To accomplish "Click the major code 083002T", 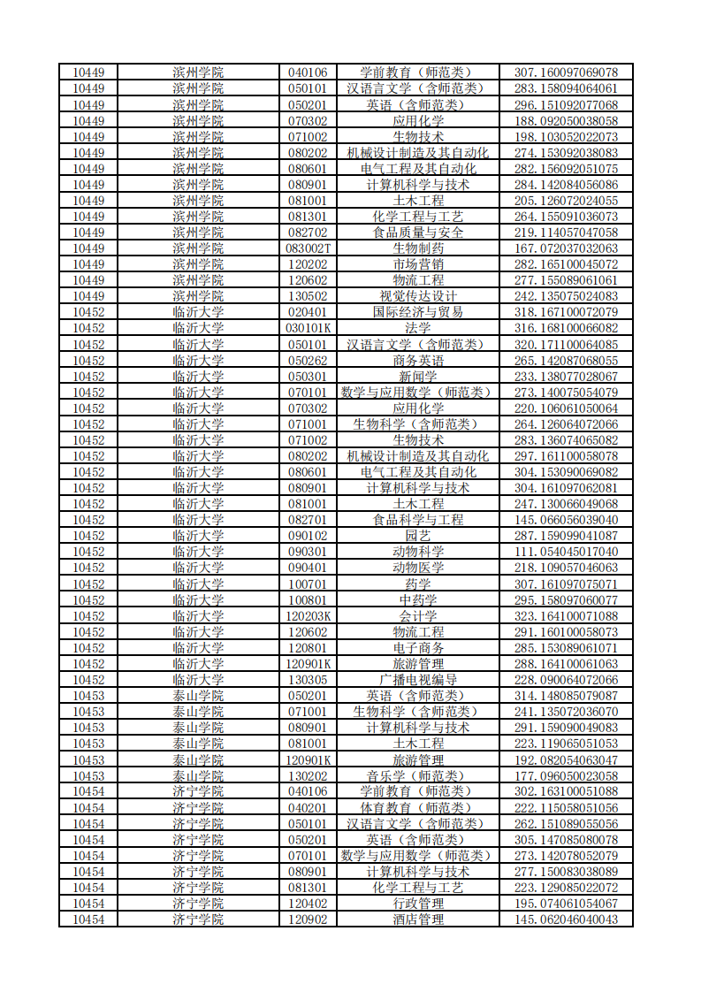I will (308, 248).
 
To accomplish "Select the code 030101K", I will (308, 328).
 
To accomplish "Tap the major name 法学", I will (418, 328).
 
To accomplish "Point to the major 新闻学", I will (418, 377).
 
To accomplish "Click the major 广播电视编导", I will (418, 680).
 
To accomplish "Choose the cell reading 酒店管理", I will (418, 920).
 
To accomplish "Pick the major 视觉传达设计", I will (418, 296).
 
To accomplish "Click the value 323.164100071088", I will (566, 616).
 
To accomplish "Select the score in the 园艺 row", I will (566, 536).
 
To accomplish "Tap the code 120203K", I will (308, 616).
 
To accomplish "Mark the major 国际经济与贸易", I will (418, 312).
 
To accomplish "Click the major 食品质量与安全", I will (418, 233).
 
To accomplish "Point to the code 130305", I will (308, 680).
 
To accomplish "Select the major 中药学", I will (418, 600).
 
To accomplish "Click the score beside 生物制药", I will (566, 248).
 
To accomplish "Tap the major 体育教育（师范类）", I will (418, 808).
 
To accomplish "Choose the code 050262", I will (308, 361).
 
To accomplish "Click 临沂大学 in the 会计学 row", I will (198, 616).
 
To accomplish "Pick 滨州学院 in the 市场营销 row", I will (198, 264).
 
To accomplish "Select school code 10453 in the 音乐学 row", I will (88, 776).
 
